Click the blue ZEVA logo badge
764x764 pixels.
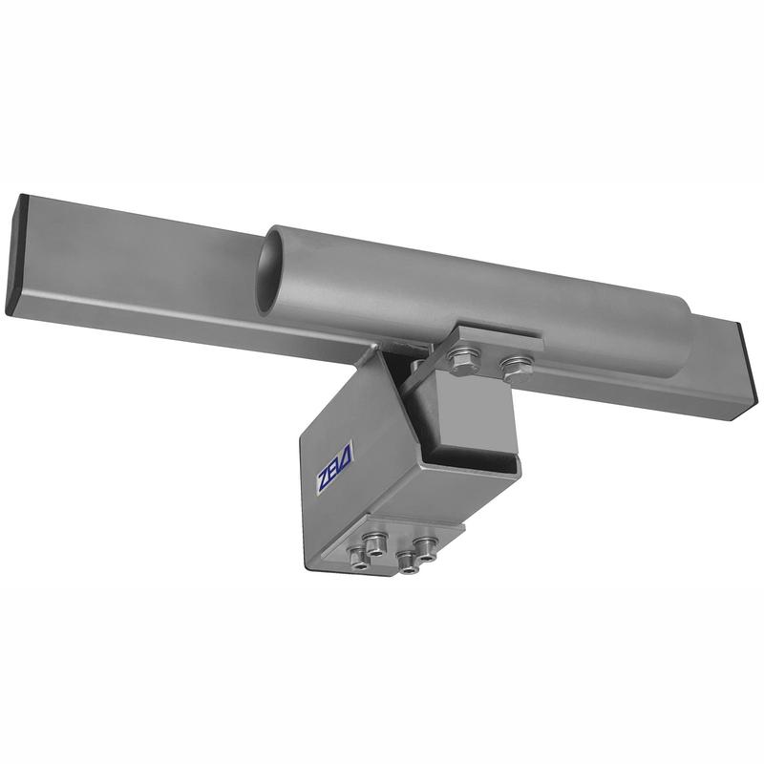tap(335, 469)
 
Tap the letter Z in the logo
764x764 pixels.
tap(324, 482)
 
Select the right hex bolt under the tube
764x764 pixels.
tap(517, 368)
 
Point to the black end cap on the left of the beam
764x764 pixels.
tap(16, 254)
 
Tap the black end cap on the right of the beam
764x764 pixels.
tap(747, 371)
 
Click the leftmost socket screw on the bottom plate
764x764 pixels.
tap(359, 558)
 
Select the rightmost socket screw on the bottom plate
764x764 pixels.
tap(425, 548)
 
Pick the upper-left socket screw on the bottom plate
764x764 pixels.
tap(375, 543)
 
